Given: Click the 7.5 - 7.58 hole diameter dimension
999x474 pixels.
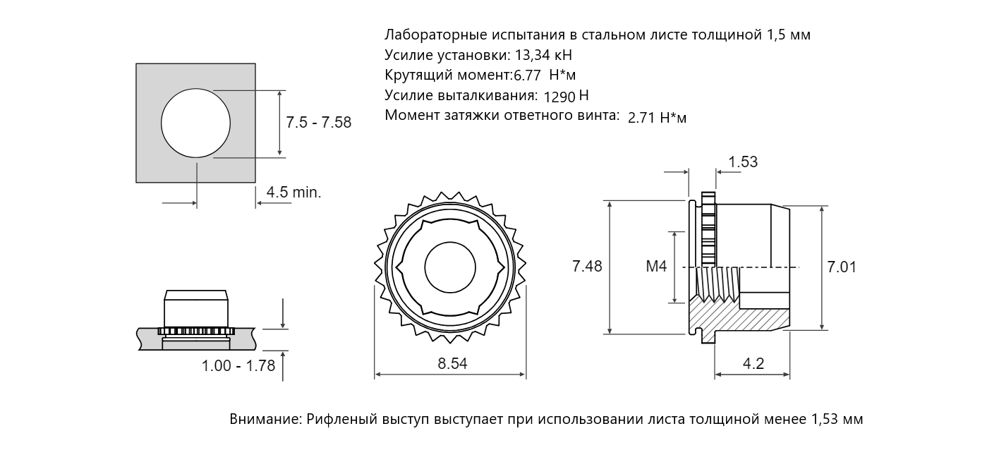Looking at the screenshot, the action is pyautogui.click(x=318, y=122).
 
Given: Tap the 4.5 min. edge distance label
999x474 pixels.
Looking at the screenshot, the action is pyautogui.click(x=293, y=192).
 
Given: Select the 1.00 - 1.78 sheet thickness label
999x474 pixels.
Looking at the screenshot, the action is pyautogui.click(x=238, y=365).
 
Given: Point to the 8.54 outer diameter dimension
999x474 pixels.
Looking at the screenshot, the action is pyautogui.click(x=452, y=363).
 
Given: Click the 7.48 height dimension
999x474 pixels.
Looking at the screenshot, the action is pyautogui.click(x=587, y=266).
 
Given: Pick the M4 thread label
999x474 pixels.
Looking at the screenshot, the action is pyautogui.click(x=656, y=266).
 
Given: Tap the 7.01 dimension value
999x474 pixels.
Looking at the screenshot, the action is pyautogui.click(x=842, y=267).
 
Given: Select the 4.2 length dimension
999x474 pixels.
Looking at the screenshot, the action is pyautogui.click(x=753, y=363).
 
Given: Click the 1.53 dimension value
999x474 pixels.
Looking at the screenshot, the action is pyautogui.click(x=743, y=162).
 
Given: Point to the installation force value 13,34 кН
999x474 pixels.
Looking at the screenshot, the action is pyautogui.click(x=543, y=55).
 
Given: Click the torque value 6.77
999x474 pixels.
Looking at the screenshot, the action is pyautogui.click(x=527, y=75).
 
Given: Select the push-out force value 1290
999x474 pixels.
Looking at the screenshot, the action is pyautogui.click(x=559, y=97).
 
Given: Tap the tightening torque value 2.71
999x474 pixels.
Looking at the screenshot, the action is pyautogui.click(x=641, y=118).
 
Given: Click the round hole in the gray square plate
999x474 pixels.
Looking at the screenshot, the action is pyautogui.click(x=196, y=123).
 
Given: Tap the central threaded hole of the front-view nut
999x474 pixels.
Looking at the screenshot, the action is pyautogui.click(x=450, y=267).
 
